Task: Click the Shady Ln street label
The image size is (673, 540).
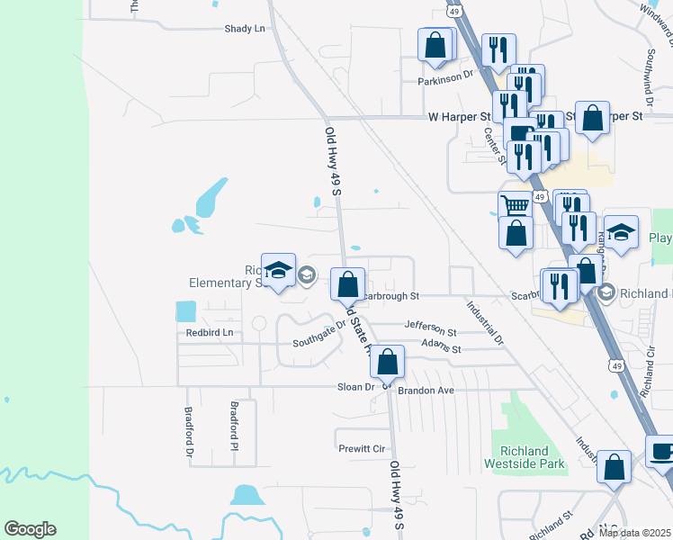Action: tap(245, 29)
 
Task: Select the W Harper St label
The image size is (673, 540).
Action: tap(459, 117)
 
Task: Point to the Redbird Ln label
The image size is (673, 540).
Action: tap(209, 333)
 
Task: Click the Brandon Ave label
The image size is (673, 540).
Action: tap(427, 391)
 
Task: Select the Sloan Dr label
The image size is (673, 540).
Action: tap(355, 387)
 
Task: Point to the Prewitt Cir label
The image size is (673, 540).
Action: tap(362, 448)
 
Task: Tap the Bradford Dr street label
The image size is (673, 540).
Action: tap(190, 433)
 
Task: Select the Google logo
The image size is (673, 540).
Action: tap(30, 529)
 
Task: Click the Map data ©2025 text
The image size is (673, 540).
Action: tap(634, 533)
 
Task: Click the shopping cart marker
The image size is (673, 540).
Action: tap(515, 205)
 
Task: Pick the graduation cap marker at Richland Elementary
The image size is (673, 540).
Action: tap(278, 269)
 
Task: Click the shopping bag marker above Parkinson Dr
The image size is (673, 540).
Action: tap(435, 45)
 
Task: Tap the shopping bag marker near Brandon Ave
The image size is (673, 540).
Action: tap(388, 363)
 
